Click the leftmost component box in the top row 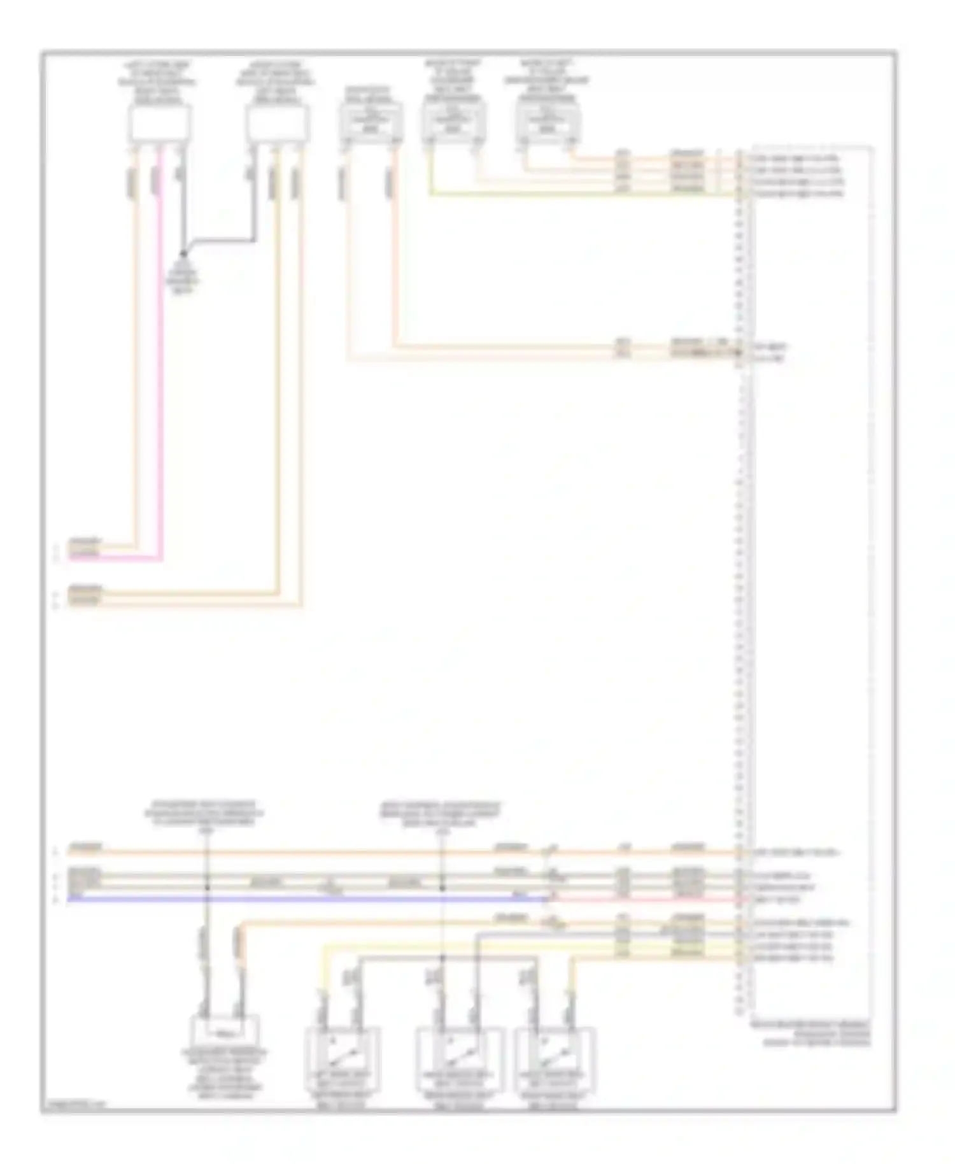[x=159, y=124]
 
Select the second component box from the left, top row [x=277, y=124]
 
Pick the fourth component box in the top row [x=453, y=121]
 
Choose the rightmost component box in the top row [x=547, y=121]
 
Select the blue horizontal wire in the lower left [x=306, y=898]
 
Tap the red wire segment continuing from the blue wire [x=643, y=899]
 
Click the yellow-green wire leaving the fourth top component [x=573, y=194]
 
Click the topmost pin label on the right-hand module [x=796, y=157]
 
